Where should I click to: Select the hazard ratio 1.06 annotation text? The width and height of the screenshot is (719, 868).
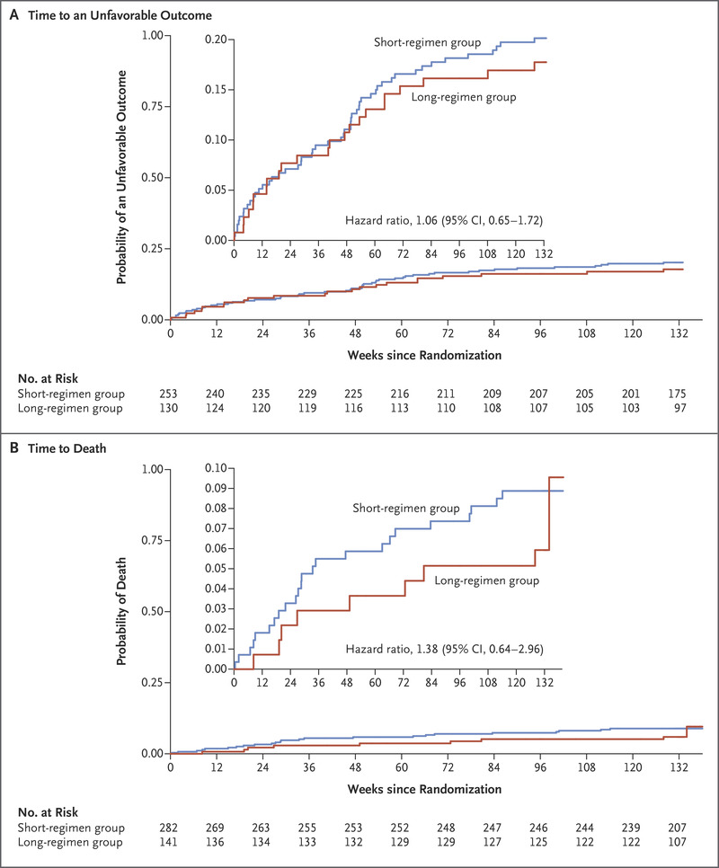click(x=444, y=219)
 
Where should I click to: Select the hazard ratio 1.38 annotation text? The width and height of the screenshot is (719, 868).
click(x=444, y=647)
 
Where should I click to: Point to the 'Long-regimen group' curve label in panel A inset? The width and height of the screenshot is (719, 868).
click(x=463, y=97)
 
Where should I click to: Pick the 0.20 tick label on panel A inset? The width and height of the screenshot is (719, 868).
click(x=215, y=40)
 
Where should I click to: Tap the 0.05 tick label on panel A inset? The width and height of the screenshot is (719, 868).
click(x=215, y=190)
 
